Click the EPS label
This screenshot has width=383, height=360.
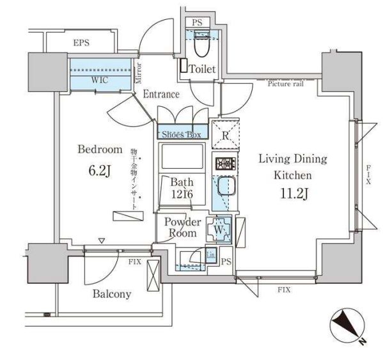coord(81,43)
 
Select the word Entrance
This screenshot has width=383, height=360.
coord(160,94)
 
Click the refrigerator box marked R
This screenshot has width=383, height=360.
coord(226,135)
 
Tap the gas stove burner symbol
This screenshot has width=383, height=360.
coord(226,164)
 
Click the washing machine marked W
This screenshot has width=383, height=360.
coord(219,228)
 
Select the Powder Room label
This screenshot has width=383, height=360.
coord(183,228)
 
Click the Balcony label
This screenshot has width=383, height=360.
coord(112,294)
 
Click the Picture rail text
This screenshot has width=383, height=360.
coord(285,84)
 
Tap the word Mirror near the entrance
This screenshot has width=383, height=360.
coord(139,74)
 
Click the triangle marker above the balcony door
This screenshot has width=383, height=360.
coord(101,241)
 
